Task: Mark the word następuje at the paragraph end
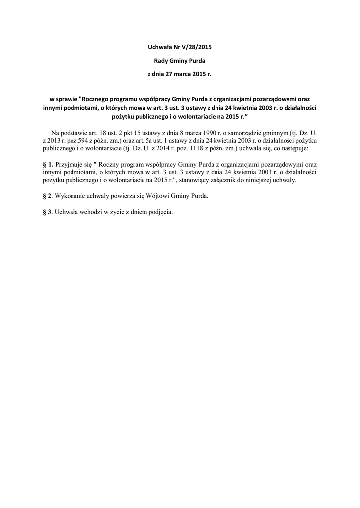pos(293,148)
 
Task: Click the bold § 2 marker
pos(47,196)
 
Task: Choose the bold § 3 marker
pos(47,212)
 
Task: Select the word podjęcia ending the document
pos(159,212)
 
